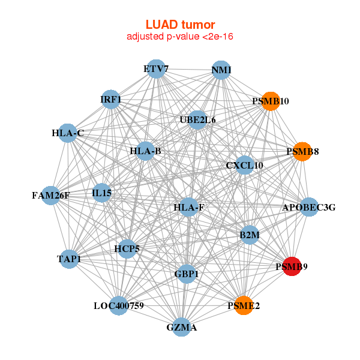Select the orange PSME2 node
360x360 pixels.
tap(244, 305)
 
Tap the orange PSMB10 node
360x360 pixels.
tap(270, 101)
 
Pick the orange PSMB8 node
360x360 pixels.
tap(302, 151)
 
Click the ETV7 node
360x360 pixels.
tap(156, 69)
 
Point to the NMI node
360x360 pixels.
tap(221, 70)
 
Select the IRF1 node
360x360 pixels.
tap(111, 99)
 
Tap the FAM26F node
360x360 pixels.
tap(51, 195)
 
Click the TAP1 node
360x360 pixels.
tap(70, 259)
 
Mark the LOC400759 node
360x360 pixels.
tap(118, 305)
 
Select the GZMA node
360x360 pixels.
tap(181, 327)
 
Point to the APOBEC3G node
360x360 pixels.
tap(308, 208)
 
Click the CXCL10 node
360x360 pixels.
tap(244, 165)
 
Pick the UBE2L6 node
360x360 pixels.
tap(197, 120)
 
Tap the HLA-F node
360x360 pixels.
tap(188, 208)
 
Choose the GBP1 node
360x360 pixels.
tap(187, 274)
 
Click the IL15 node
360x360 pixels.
tap(102, 193)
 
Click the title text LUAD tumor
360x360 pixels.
tap(180, 25)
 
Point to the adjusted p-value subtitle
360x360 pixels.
tap(180, 37)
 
